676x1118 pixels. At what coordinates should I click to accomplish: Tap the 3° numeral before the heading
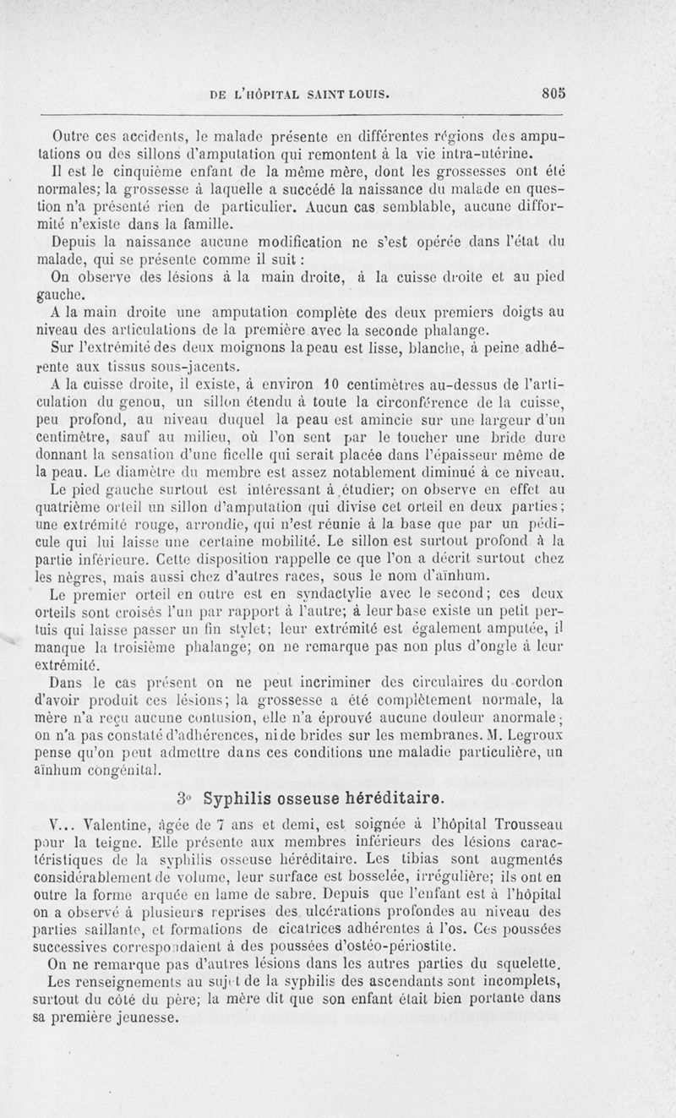coord(187,799)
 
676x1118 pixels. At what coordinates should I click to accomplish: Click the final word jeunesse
coord(144,1017)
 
